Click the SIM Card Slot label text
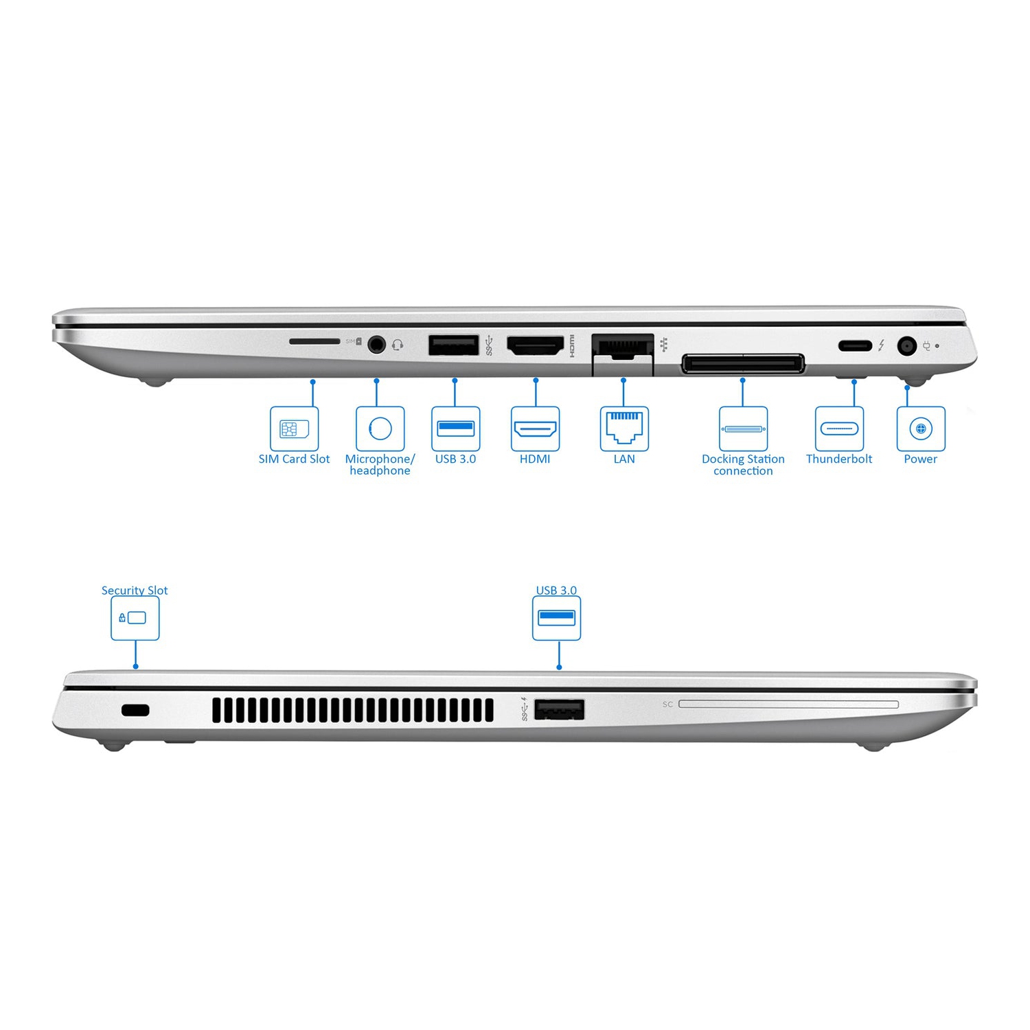click(x=294, y=459)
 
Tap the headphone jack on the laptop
click(x=376, y=344)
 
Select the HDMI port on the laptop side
click(x=535, y=345)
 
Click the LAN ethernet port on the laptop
click(x=622, y=347)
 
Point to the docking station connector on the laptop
click(x=742, y=364)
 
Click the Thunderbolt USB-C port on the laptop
click(x=854, y=345)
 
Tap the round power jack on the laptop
click(x=907, y=346)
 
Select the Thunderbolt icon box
click(x=839, y=429)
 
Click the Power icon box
click(x=921, y=429)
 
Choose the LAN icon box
click(x=624, y=429)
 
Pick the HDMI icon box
click(x=535, y=429)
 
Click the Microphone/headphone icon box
click(x=380, y=429)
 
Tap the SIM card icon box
click(x=294, y=429)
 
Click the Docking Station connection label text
click(x=743, y=465)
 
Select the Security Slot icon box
click(x=135, y=618)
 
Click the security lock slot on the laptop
click(x=135, y=711)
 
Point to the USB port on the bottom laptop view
click(x=559, y=710)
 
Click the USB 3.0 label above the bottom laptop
click(x=556, y=591)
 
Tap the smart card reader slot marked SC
click(x=788, y=705)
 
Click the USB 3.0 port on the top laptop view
click(x=453, y=345)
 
